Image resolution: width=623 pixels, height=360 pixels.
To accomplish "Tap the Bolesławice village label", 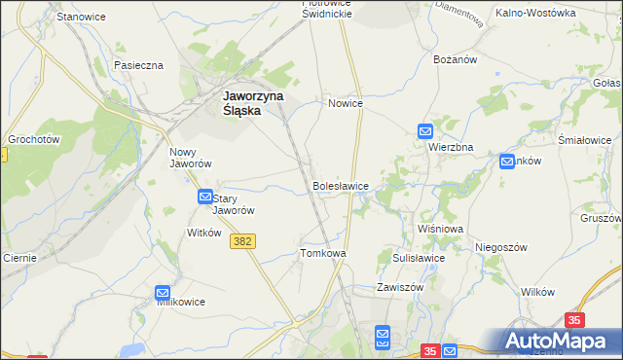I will (340, 185).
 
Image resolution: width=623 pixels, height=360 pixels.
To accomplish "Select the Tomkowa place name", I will (323, 253).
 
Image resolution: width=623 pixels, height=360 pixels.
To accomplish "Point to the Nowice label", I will (346, 103).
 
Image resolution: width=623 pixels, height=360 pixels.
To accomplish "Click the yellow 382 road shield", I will (244, 240).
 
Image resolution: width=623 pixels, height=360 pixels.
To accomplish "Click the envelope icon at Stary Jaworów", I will (204, 197).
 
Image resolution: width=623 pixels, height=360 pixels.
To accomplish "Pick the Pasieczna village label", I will (138, 65).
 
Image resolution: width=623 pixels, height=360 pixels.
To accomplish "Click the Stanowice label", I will (81, 18).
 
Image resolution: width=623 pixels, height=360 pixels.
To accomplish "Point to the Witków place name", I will (204, 233).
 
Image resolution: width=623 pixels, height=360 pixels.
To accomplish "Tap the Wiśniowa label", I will (440, 229).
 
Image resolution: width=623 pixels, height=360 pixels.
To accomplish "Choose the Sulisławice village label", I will (419, 258).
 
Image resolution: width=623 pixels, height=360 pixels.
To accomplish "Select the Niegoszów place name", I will (500, 247).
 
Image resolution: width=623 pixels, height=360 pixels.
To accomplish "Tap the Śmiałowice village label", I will (583, 140).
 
